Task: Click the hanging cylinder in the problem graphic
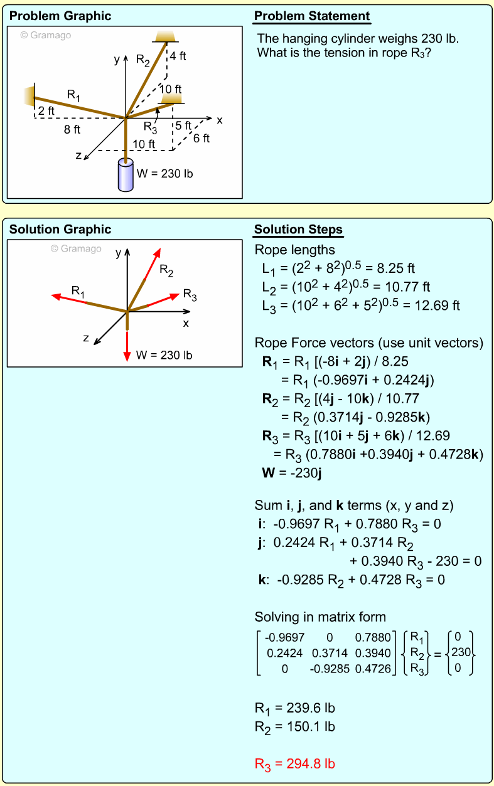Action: point(126,176)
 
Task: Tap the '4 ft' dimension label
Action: point(178,56)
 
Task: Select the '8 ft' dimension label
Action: point(72,130)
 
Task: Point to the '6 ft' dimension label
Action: point(201,138)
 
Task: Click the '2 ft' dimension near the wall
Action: point(46,111)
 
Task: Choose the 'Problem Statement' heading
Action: point(312,16)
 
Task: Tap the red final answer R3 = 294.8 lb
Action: point(294,763)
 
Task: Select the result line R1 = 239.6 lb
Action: point(294,708)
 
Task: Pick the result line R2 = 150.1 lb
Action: point(294,726)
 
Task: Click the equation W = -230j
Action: point(292,472)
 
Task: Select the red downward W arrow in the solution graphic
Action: point(127,345)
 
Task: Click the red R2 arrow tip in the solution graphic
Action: point(159,250)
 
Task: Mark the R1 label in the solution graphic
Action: point(78,290)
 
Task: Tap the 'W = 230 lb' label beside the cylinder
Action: point(164,173)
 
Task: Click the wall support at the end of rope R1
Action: point(28,97)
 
